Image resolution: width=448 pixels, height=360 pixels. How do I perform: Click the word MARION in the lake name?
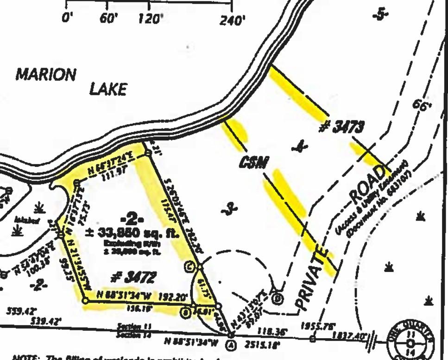(45, 74)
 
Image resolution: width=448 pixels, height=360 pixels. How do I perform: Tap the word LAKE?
(107, 89)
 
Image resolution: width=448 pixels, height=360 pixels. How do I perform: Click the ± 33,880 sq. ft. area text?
(139, 233)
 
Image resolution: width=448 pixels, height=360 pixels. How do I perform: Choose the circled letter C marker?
(189, 266)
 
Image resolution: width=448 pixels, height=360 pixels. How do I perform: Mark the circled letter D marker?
(278, 298)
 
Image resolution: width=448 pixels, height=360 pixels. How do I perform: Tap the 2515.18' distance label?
(255, 344)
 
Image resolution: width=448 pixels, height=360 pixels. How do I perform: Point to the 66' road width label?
(421, 105)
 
